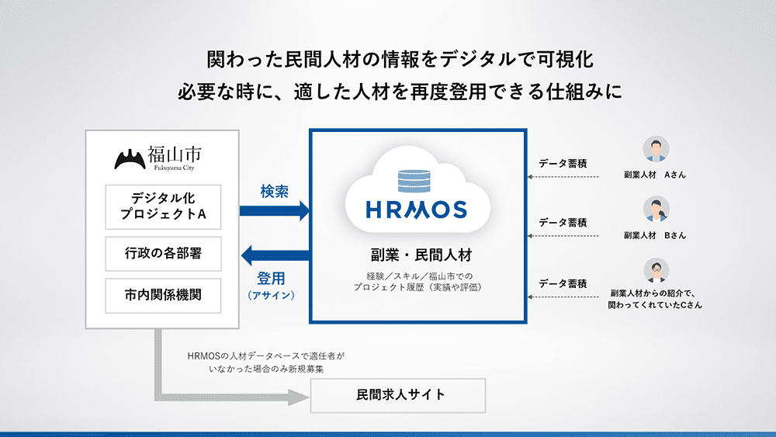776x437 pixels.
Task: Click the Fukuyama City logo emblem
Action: click(x=130, y=159)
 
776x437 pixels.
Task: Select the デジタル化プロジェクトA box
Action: click(x=163, y=207)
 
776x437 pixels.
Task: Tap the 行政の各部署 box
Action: click(x=163, y=254)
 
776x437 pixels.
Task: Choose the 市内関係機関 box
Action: click(x=163, y=296)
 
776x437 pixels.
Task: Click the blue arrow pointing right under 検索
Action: click(x=275, y=211)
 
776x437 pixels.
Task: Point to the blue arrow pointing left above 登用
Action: click(x=275, y=255)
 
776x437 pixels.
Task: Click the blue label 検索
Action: click(x=274, y=192)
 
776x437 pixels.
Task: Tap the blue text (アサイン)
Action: click(x=271, y=296)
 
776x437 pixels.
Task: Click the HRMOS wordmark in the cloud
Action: click(x=416, y=210)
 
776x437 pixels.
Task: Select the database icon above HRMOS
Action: click(x=414, y=181)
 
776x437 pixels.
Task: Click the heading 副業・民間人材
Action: click(x=421, y=255)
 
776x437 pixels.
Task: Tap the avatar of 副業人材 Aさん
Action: click(x=656, y=149)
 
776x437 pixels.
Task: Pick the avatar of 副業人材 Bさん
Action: click(x=656, y=210)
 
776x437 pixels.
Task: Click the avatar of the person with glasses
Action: click(x=656, y=270)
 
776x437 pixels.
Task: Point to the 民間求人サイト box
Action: click(x=398, y=395)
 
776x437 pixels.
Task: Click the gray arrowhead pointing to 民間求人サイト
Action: click(x=299, y=397)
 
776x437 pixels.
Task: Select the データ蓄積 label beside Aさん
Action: click(x=563, y=163)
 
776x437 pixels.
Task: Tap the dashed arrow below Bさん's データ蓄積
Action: click(x=563, y=236)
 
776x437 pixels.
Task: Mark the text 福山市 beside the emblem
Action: click(x=174, y=155)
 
